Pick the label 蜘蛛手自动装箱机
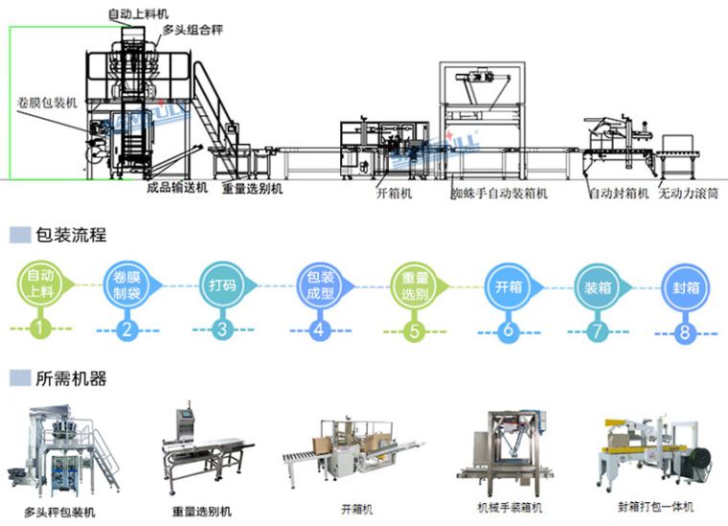[499, 193]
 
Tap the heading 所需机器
[70, 378]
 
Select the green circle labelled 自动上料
[39, 285]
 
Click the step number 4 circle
[319, 331]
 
